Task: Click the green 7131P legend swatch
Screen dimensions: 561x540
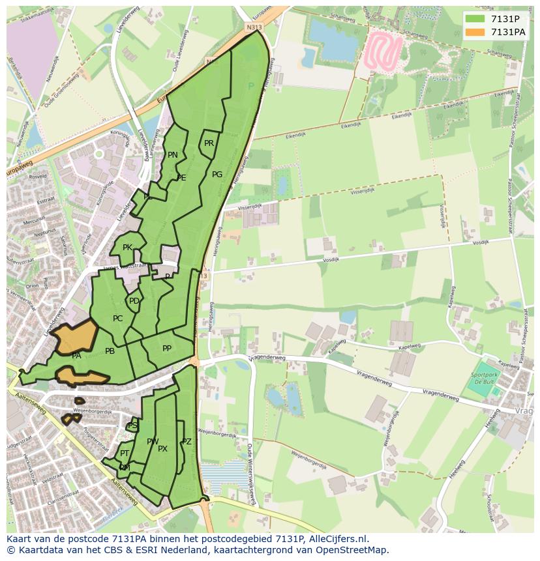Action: [475, 19]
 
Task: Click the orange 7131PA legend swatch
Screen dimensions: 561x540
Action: [475, 32]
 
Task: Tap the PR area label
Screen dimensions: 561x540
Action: [209, 143]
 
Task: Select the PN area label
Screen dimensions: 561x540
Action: [173, 155]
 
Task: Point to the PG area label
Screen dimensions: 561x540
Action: [217, 175]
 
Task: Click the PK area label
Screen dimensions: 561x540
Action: [127, 248]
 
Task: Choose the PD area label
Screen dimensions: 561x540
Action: [134, 301]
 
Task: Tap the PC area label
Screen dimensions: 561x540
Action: [117, 319]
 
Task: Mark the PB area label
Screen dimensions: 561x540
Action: [110, 351]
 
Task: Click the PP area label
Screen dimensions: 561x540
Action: [167, 349]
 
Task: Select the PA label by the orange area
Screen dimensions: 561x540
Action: [76, 356]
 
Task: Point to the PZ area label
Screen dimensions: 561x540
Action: [187, 442]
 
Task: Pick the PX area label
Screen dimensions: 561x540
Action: [162, 449]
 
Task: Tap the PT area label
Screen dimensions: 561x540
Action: [125, 453]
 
